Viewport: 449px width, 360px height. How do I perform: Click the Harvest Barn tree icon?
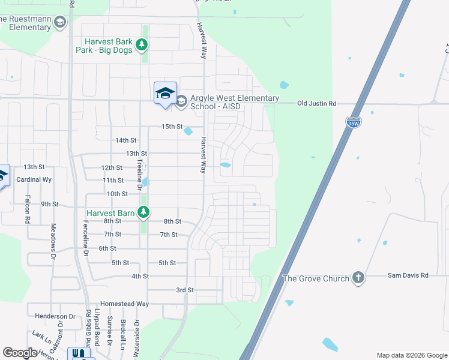click(143, 212)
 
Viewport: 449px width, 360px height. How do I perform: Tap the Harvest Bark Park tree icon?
click(142, 44)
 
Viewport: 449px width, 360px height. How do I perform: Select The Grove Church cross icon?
click(358, 277)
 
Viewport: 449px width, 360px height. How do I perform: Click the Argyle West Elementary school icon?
click(181, 101)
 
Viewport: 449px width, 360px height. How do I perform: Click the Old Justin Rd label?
click(317, 104)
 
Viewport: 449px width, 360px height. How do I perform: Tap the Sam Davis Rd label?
click(408, 275)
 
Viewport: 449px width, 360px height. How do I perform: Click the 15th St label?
click(172, 127)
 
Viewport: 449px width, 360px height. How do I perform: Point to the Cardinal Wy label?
click(34, 179)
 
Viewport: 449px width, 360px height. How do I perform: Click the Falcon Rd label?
click(28, 209)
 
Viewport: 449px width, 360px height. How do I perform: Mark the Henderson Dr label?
click(55, 316)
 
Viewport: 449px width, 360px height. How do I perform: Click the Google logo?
click(20, 353)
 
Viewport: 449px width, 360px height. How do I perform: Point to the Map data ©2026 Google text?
click(411, 355)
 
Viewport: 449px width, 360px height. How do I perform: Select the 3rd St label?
click(185, 290)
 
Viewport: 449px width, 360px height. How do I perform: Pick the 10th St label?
click(117, 194)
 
